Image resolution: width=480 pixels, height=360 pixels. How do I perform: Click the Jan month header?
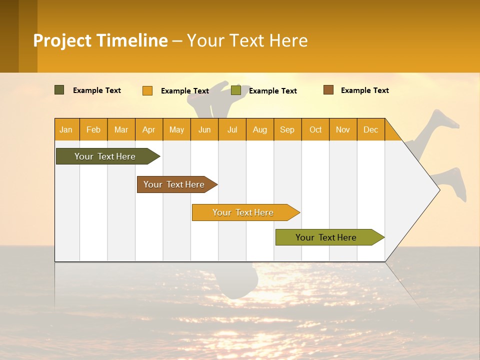[x=66, y=129]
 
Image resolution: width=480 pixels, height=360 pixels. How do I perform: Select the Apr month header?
[x=149, y=129]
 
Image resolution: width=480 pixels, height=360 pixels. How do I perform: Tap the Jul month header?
[x=232, y=129]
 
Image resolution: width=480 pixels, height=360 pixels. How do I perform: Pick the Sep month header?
[x=287, y=129]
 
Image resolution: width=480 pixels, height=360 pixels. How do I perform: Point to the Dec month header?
[x=370, y=129]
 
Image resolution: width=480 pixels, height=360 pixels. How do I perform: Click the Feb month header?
[x=93, y=129]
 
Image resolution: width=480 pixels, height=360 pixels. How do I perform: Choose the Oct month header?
[x=315, y=129]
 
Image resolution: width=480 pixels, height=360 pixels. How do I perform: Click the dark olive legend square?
[x=59, y=90]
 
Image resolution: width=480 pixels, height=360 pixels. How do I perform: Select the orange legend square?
[x=147, y=90]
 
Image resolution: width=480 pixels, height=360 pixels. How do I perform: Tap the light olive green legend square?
[x=236, y=90]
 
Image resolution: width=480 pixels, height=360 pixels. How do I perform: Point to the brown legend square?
[x=328, y=90]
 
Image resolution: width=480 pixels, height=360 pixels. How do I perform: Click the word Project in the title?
[x=63, y=40]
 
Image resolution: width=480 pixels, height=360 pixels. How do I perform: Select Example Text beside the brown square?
[x=364, y=90]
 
